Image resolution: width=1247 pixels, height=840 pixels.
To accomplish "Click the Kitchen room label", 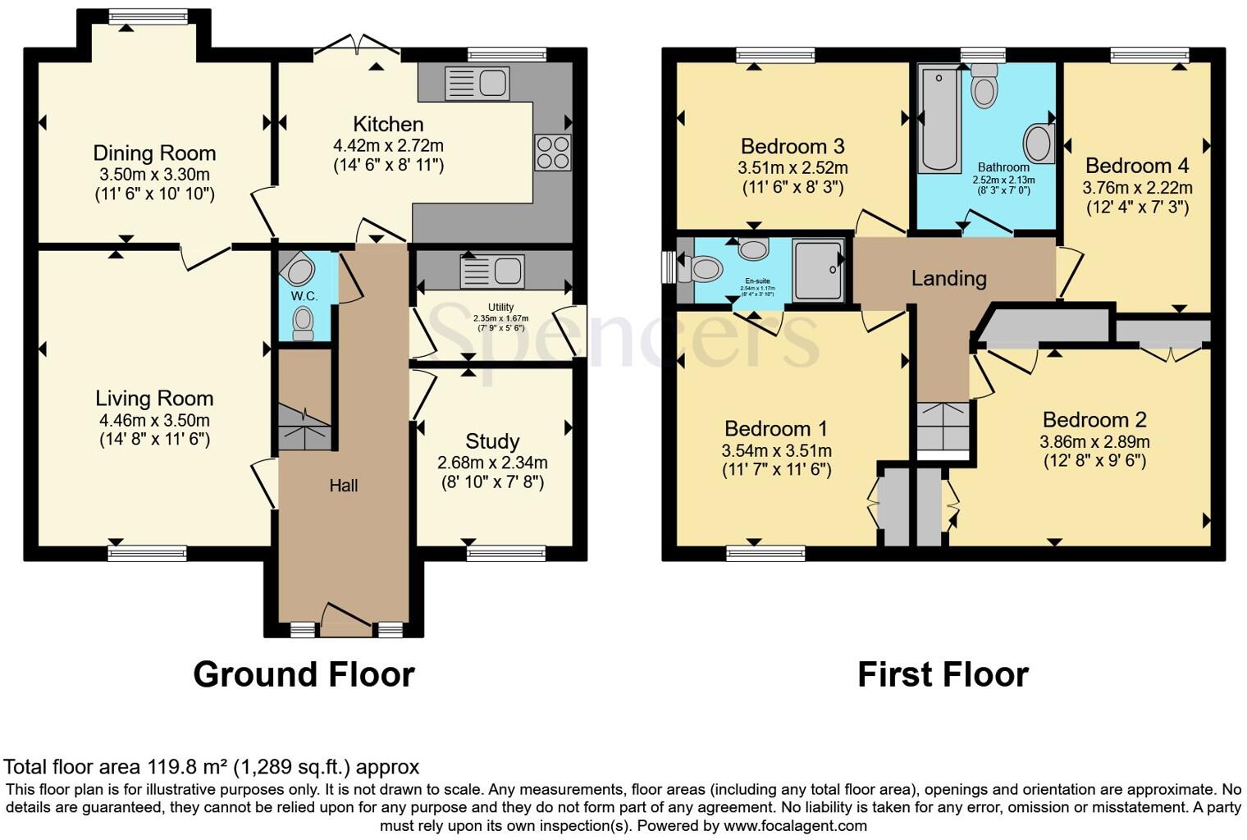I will pyautogui.click(x=388, y=125).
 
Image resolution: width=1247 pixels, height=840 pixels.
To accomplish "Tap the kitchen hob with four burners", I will pyautogui.click(x=552, y=153).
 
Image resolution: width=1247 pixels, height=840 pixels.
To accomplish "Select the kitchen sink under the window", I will pyautogui.click(x=477, y=83).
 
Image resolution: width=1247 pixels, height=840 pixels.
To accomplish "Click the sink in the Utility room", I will pyautogui.click(x=491, y=272).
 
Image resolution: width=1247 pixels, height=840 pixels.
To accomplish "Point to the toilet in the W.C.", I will pyautogui.click(x=304, y=322).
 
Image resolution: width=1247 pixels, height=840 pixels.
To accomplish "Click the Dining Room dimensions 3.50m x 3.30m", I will pyautogui.click(x=153, y=174).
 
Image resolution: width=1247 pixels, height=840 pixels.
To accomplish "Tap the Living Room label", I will pyautogui.click(x=154, y=399).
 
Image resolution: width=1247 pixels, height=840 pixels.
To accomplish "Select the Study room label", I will pyautogui.click(x=492, y=441).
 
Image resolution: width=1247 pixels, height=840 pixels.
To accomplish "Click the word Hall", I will pyautogui.click(x=343, y=486).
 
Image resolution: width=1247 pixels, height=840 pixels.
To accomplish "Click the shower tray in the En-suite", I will pyautogui.click(x=817, y=269).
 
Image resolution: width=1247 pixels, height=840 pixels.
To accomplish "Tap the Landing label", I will pyautogui.click(x=948, y=278).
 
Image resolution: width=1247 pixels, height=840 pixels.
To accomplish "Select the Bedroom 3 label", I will pyautogui.click(x=792, y=147).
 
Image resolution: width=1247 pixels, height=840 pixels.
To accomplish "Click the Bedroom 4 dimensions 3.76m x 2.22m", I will pyautogui.click(x=1137, y=187).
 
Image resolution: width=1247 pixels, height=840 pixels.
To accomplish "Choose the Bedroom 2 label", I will pyautogui.click(x=1094, y=420).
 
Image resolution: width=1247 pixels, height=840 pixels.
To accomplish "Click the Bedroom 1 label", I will pyautogui.click(x=776, y=429).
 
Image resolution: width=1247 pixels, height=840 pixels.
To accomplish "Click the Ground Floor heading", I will pyautogui.click(x=304, y=674).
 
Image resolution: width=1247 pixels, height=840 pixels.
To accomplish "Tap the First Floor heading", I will pyautogui.click(x=942, y=674).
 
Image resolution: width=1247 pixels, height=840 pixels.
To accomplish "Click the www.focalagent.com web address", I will pyautogui.click(x=795, y=825).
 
